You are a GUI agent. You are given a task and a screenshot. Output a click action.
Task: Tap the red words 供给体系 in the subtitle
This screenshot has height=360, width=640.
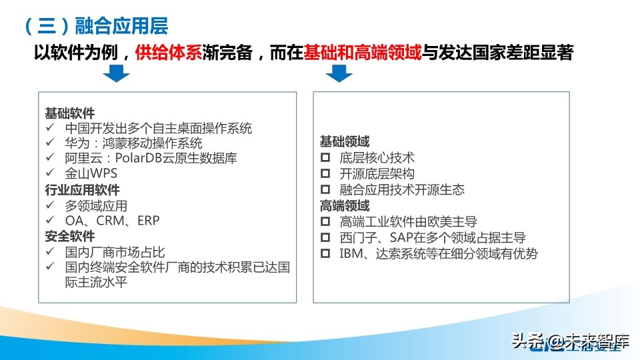(168, 53)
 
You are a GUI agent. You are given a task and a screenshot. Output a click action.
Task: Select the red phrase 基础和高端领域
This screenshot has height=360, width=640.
(362, 53)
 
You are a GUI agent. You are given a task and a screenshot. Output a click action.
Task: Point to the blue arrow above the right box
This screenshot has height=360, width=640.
(339, 73)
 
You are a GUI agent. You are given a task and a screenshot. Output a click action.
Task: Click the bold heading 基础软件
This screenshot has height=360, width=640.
(70, 112)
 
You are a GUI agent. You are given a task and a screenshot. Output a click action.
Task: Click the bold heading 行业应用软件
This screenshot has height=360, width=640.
(83, 190)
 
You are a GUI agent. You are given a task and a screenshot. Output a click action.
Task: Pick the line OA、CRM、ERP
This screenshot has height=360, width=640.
(112, 221)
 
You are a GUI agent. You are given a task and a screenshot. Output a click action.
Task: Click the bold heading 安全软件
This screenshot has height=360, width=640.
(70, 236)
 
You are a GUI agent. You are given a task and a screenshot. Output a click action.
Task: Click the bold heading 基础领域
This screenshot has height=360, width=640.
(345, 142)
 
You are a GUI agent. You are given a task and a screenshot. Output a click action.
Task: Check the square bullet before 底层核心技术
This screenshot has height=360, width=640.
(325, 158)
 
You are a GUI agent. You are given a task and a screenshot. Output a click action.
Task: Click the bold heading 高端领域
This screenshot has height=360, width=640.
(345, 205)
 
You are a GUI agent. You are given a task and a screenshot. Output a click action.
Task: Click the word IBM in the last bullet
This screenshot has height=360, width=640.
(351, 253)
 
